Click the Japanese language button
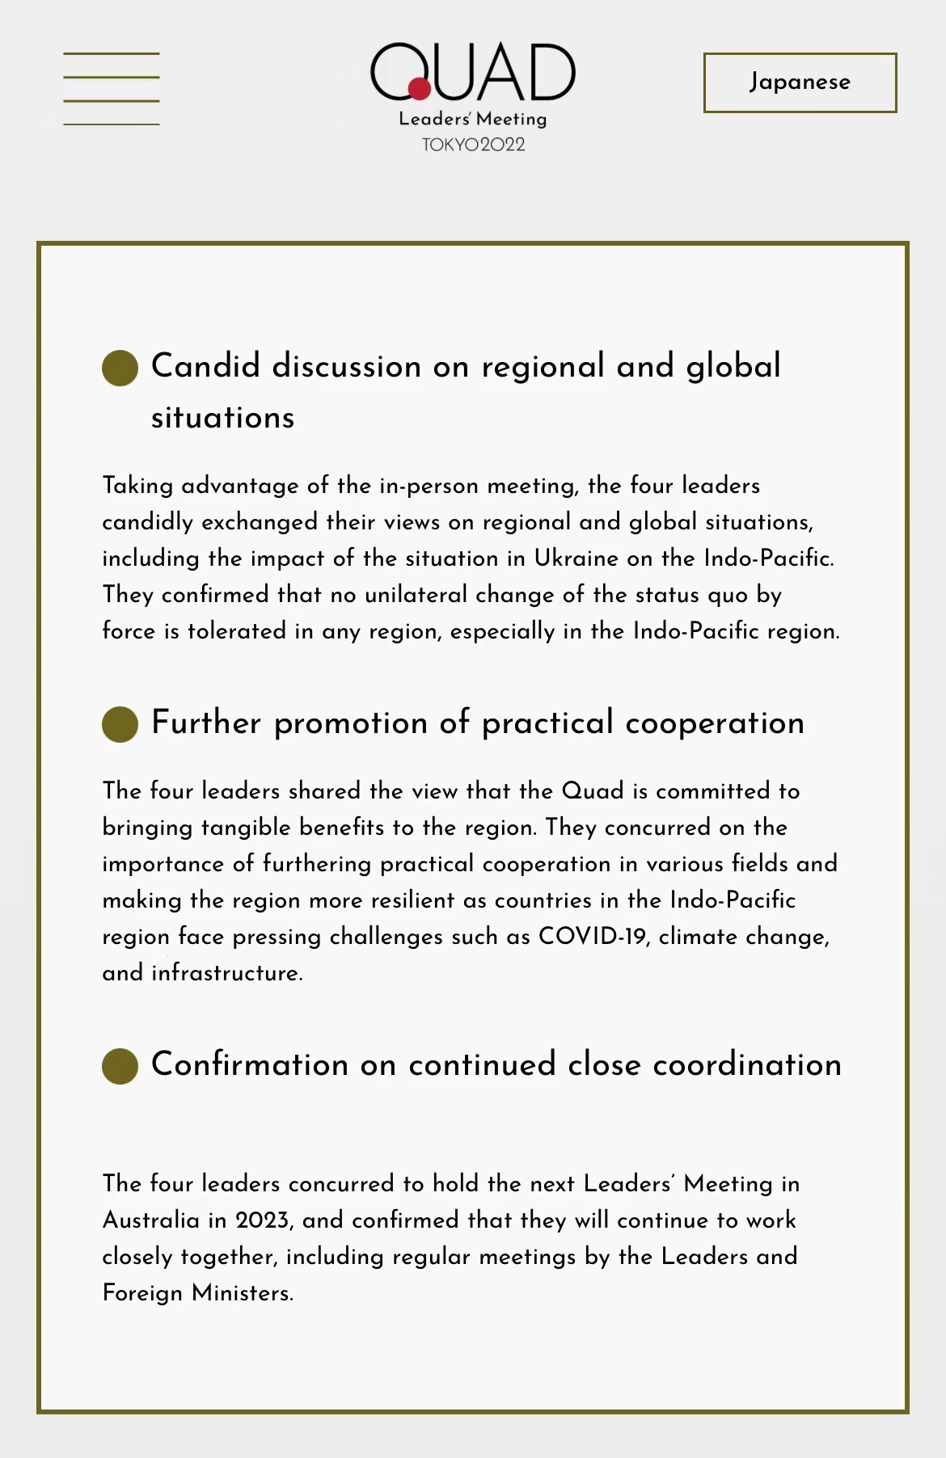coord(800,82)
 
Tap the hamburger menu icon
coord(112,89)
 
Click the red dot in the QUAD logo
coord(419,88)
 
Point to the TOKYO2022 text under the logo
coord(473,145)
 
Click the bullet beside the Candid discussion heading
coord(120,368)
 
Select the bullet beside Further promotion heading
coord(120,724)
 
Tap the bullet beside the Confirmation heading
coord(120,1066)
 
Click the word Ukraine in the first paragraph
coord(576,558)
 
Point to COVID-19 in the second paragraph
coord(592,936)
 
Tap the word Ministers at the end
coord(242,1293)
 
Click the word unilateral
coord(416,595)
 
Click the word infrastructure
coord(226,973)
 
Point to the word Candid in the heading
coord(205,366)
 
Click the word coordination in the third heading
coord(747,1065)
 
